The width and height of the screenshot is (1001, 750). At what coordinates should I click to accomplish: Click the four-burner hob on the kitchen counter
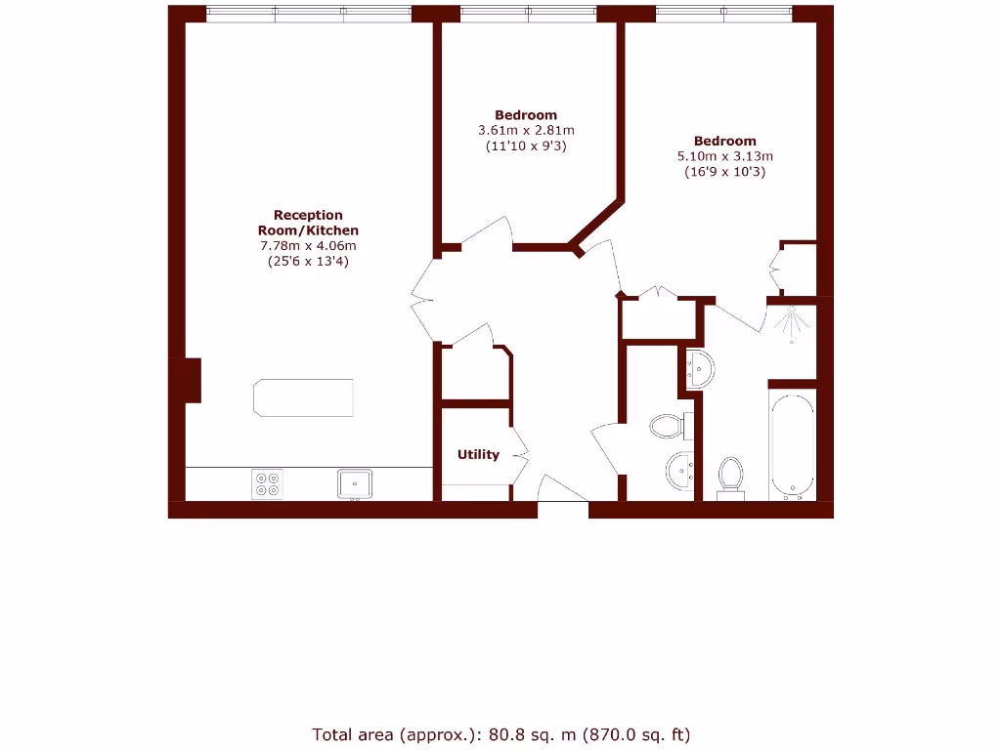267,484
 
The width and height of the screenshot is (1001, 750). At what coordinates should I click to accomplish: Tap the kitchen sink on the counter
354,483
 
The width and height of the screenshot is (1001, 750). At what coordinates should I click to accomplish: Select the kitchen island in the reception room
303,397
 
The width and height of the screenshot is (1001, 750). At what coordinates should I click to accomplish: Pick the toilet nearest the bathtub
730,476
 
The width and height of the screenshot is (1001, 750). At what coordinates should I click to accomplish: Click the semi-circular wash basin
700,368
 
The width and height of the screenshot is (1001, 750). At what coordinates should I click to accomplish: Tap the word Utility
478,454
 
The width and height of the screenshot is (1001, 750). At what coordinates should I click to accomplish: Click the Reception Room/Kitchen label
308,223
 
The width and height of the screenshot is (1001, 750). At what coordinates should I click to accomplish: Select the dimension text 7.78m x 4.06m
308,245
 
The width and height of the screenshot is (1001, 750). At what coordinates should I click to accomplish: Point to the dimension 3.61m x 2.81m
526,130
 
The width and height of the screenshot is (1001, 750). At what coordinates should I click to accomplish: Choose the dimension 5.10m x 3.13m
725,156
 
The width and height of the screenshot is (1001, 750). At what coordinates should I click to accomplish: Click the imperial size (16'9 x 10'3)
725,172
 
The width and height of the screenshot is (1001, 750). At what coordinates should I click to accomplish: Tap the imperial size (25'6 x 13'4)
308,261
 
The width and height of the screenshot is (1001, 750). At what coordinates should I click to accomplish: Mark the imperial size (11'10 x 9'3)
526,146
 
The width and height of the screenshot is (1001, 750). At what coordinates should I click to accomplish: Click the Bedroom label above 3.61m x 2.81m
526,114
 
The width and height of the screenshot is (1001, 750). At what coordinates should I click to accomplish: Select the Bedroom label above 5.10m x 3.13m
725,141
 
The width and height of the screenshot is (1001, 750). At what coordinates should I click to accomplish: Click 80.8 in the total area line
507,733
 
